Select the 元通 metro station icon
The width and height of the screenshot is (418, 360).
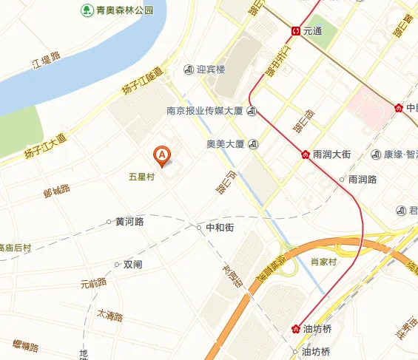point(295,31)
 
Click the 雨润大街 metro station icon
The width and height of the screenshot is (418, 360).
point(305,154)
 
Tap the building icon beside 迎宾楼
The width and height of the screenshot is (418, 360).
point(188,70)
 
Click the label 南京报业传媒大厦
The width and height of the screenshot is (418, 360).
point(205,112)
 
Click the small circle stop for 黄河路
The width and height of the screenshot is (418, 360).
point(109,221)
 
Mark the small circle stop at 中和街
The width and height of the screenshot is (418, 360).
point(199,227)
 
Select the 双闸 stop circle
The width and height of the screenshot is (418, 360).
point(117,264)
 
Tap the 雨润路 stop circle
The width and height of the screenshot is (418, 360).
point(342,179)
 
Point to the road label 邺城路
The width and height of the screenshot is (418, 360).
point(56,191)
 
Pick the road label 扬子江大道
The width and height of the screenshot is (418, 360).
point(44,146)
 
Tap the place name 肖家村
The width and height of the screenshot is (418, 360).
point(323,262)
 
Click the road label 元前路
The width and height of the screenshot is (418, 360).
point(93,283)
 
